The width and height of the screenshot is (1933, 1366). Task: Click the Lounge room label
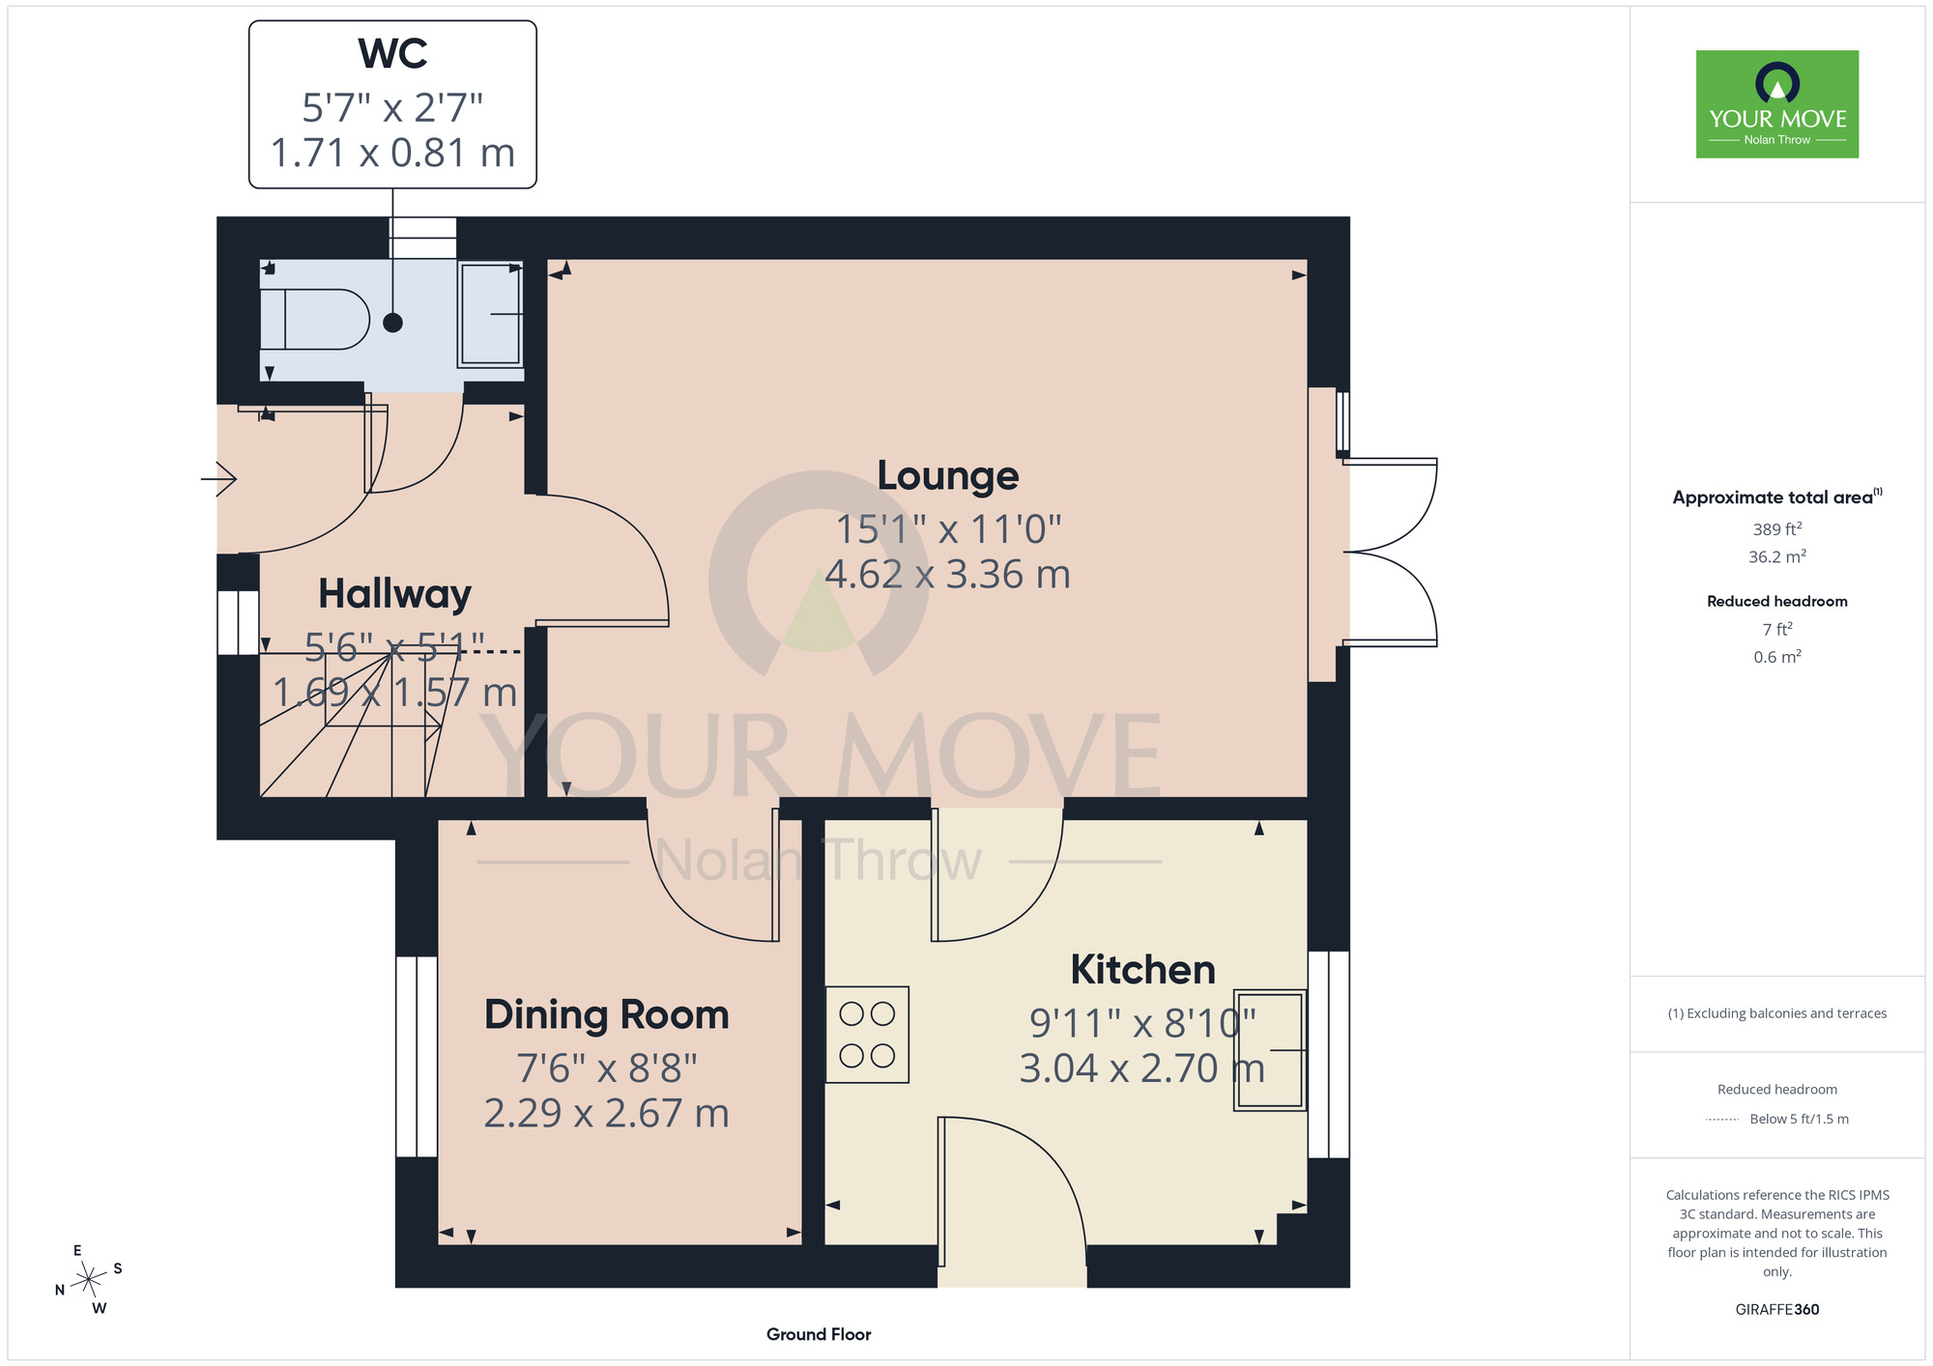point(948,475)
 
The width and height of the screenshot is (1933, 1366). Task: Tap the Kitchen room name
point(1142,969)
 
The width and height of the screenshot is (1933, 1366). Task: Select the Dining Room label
point(606,1014)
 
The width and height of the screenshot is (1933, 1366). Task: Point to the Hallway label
point(394,594)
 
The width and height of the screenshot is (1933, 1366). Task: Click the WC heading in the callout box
point(392,53)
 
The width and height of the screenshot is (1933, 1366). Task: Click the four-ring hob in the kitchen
point(867,1034)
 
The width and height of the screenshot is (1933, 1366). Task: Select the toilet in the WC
point(314,319)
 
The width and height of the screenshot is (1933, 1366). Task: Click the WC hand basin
point(491,314)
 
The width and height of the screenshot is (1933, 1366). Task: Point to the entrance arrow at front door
point(218,478)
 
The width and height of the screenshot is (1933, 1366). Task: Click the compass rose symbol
point(89,1280)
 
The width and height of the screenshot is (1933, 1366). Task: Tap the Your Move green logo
point(1777,104)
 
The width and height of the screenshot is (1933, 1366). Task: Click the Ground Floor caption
point(819,1334)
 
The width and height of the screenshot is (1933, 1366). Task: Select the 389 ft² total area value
point(1777,528)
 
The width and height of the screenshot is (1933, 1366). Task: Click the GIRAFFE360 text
point(1777,1310)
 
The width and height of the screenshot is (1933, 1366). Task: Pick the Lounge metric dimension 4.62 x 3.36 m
point(948,575)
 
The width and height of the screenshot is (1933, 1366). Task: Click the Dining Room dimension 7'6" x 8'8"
point(607,1068)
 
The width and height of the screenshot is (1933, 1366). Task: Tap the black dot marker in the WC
point(392,323)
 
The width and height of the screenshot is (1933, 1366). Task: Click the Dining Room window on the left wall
point(417,1057)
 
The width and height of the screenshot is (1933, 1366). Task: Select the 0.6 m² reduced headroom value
point(1777,657)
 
